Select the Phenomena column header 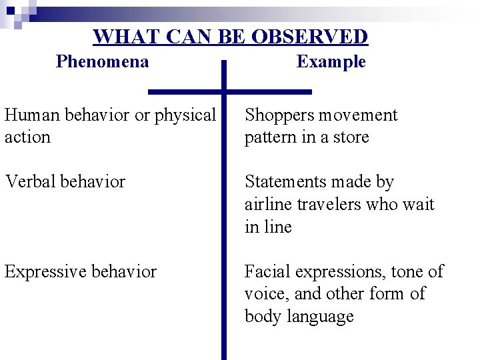tap(103, 62)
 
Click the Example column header tap(331, 62)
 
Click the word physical tap(185, 116)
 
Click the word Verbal tap(27, 182)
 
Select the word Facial tap(267, 272)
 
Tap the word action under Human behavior tap(27, 137)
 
